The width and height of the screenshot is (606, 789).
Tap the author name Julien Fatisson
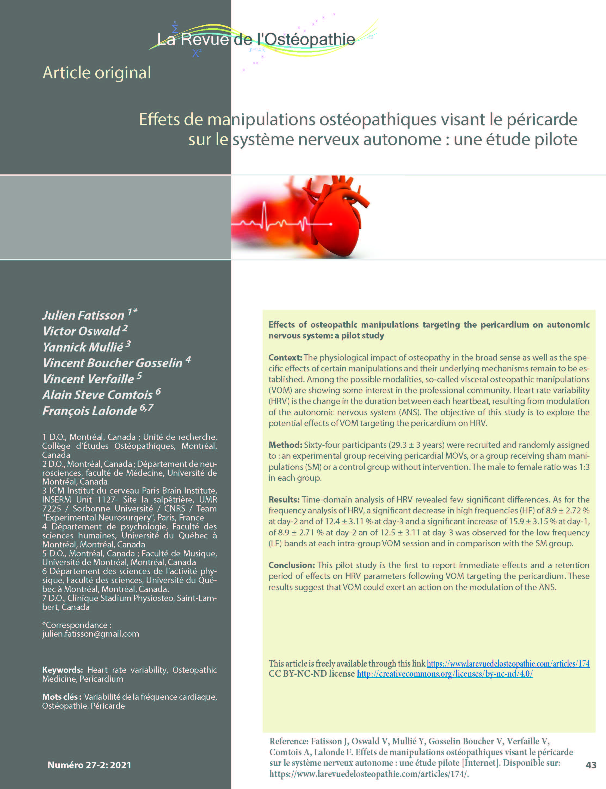coord(83,316)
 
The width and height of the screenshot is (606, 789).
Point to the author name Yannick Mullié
coord(83,347)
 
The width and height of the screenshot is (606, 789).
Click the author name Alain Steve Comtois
coord(97,395)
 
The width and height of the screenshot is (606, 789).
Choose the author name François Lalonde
coord(90,411)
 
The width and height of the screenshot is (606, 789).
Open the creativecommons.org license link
coord(444,674)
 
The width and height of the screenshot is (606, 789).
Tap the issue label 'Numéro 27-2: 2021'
coord(90,765)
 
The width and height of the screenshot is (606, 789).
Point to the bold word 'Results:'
coord(284,500)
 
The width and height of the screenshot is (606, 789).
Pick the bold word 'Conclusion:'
coord(291,565)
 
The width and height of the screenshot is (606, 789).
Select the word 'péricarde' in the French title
coord(542,119)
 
